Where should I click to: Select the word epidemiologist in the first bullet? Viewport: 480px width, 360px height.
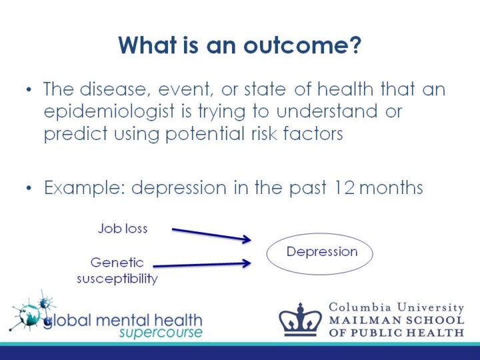pyautogui.click(x=109, y=112)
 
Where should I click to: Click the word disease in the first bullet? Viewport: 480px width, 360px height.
pyautogui.click(x=113, y=89)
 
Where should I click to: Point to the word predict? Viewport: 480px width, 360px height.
pyautogui.click(x=75, y=134)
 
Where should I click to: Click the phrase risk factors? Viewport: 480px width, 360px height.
pyautogui.click(x=297, y=133)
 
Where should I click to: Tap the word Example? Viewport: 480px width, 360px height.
pyautogui.click(x=85, y=188)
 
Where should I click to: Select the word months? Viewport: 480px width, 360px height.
pyautogui.click(x=391, y=187)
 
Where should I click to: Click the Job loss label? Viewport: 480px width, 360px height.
pyautogui.click(x=123, y=229)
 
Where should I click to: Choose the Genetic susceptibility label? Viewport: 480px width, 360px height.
pyautogui.click(x=117, y=271)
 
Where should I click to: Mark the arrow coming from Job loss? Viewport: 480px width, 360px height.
pyautogui.click(x=211, y=235)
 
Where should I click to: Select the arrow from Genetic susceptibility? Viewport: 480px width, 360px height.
pyautogui.click(x=202, y=265)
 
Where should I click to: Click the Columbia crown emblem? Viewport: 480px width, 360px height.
pyautogui.click(x=300, y=319)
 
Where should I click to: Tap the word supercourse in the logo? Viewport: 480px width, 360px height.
pyautogui.click(x=161, y=333)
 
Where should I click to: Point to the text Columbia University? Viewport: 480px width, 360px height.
pyautogui.click(x=397, y=307)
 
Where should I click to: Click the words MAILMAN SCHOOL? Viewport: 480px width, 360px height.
pyautogui.click(x=397, y=320)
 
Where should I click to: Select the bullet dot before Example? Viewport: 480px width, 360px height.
pyautogui.click(x=29, y=187)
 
